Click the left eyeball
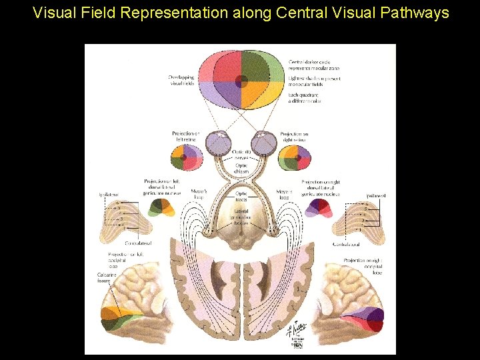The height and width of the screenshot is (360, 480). click(x=218, y=143)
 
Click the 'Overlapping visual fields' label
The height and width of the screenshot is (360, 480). click(x=182, y=81)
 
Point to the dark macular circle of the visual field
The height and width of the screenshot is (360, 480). click(x=242, y=81)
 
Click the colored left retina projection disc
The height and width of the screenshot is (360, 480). click(x=187, y=158)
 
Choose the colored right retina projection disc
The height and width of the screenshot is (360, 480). click(x=293, y=158)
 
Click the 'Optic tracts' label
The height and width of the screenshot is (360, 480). click(x=241, y=197)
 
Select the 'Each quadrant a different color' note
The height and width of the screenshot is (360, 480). click(x=305, y=98)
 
